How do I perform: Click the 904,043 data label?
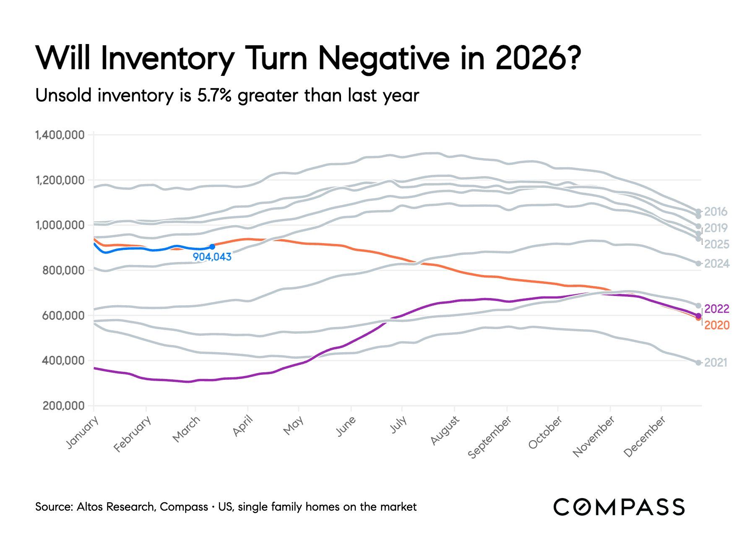click(x=212, y=257)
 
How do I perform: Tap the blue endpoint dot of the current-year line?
click(x=212, y=247)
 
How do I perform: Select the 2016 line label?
click(x=716, y=212)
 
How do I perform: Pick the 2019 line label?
click(x=716, y=228)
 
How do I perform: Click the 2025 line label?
click(x=716, y=244)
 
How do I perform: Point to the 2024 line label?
click(x=716, y=264)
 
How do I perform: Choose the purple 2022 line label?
click(x=717, y=309)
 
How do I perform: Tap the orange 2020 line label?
click(x=717, y=325)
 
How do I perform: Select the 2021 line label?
click(x=716, y=363)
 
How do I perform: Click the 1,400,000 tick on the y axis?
click(x=60, y=135)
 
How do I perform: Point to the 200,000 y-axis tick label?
click(x=63, y=406)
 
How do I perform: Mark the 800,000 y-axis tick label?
click(x=63, y=270)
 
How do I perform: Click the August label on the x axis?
click(x=445, y=431)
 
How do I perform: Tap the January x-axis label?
click(x=83, y=433)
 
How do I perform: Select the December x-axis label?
click(x=645, y=436)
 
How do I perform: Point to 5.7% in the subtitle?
click(x=214, y=96)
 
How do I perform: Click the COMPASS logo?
click(x=619, y=507)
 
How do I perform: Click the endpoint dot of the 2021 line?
click(x=698, y=363)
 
